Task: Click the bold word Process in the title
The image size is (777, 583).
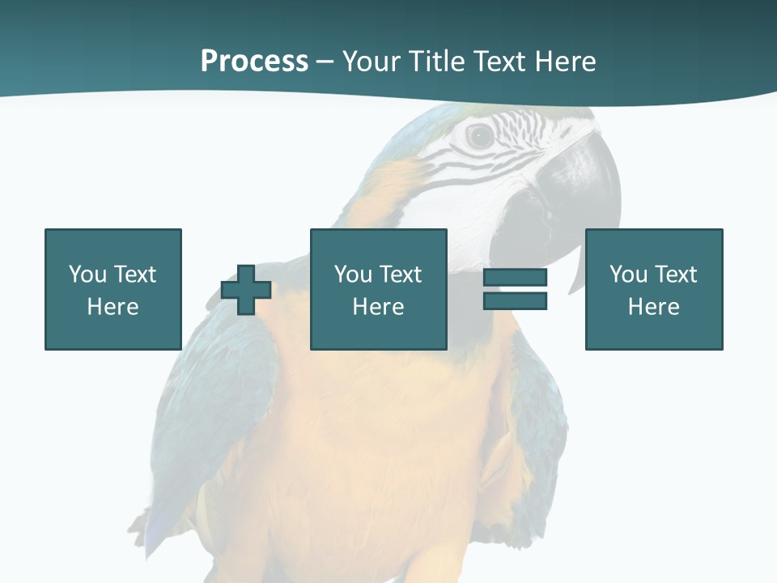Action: point(254,62)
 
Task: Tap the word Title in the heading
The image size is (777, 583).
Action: point(438,62)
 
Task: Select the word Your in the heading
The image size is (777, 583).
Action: point(373,62)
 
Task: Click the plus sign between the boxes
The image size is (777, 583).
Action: point(246,290)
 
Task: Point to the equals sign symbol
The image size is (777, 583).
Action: point(515,289)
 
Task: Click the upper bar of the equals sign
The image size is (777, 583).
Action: point(515,278)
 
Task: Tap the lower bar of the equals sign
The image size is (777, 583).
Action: point(515,300)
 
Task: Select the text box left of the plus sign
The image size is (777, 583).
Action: point(113,289)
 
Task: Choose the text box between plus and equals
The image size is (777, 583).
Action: point(378,289)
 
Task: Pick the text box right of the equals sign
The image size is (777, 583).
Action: point(653,289)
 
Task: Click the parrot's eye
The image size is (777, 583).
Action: point(480,136)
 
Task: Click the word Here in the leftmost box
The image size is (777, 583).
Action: point(113,307)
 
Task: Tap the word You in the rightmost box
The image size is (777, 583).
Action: point(628,274)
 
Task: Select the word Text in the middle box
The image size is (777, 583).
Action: point(401,274)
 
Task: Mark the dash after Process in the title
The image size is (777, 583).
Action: point(325,62)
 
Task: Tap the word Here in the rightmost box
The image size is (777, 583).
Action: point(653,307)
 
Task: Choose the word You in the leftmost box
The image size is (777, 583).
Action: point(87,274)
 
